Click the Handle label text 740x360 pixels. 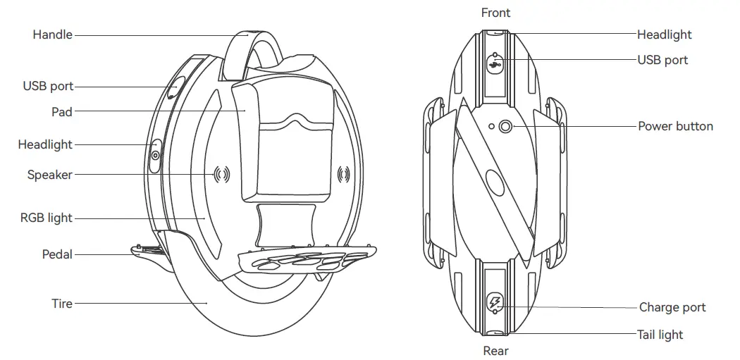tap(52, 34)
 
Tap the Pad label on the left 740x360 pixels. tap(62, 111)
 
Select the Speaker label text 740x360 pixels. tap(49, 175)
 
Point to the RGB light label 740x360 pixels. tap(46, 218)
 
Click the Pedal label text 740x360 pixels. tap(57, 254)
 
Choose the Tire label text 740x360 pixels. tap(62, 304)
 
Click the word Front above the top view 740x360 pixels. tap(495, 13)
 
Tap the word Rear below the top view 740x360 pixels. tap(495, 350)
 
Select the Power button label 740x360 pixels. tap(675, 127)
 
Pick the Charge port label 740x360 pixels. tap(672, 307)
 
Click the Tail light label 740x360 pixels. tap(660, 335)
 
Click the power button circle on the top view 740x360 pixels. tap(505, 127)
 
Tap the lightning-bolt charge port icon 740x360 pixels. tap(495, 303)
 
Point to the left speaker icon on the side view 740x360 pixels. tap(222, 174)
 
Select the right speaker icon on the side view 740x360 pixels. tap(344, 174)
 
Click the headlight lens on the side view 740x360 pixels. tap(155, 156)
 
